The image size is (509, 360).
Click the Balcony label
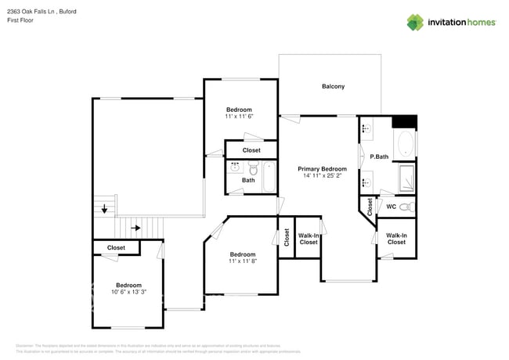tap(333, 86)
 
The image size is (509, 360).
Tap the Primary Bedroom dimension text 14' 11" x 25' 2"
tap(323, 176)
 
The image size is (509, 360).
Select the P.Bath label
tap(379, 157)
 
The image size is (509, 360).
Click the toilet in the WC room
tap(405, 207)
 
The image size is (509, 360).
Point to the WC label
tap(390, 207)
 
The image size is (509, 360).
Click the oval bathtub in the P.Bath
tap(406, 144)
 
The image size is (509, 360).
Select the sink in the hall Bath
tap(235, 167)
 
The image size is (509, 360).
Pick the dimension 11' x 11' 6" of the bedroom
tap(239, 117)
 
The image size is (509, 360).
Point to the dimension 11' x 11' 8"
tap(242, 261)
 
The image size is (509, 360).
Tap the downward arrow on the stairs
tap(104, 209)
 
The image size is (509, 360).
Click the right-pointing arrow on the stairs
tap(135, 229)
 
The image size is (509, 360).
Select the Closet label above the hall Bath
tap(251, 150)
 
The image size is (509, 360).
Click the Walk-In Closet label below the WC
tap(396, 239)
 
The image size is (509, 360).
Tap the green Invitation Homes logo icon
tap(414, 22)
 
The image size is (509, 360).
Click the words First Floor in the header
tap(21, 20)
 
